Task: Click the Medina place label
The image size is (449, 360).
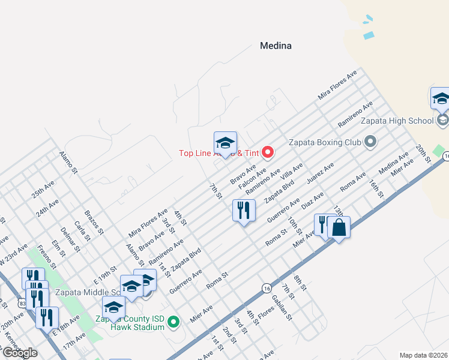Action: (x=276, y=46)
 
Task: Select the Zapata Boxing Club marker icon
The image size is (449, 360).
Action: (x=370, y=142)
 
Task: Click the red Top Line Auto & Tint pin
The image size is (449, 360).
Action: (x=268, y=152)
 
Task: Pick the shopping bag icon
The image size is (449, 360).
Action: (x=339, y=227)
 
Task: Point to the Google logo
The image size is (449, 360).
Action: (x=20, y=353)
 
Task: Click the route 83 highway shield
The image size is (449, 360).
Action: (x=23, y=304)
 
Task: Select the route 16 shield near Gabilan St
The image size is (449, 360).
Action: (x=266, y=289)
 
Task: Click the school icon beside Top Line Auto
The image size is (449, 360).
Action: (x=225, y=143)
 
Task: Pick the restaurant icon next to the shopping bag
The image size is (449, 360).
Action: (x=323, y=226)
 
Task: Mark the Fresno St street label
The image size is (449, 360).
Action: (x=46, y=255)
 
